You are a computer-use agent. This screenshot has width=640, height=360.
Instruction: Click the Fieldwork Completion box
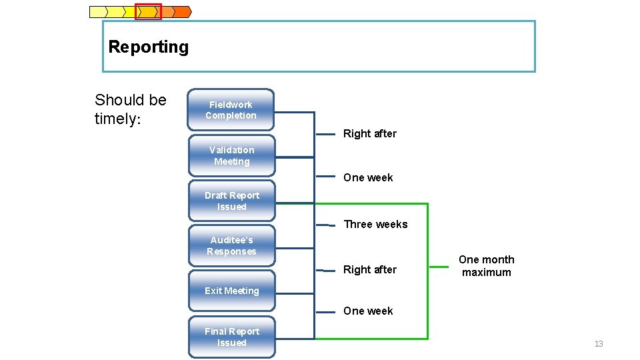tap(231, 110)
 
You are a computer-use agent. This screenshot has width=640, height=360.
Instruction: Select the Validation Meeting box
tap(231, 155)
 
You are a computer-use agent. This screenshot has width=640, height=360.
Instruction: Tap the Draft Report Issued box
tap(231, 201)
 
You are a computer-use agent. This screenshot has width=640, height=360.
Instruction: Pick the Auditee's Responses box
tap(231, 245)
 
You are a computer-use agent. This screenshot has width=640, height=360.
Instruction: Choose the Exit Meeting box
tap(231, 291)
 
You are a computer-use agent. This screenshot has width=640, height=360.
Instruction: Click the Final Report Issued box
tap(231, 337)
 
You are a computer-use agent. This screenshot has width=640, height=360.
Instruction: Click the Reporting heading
tap(148, 47)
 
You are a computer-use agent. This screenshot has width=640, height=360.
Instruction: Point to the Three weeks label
tap(375, 224)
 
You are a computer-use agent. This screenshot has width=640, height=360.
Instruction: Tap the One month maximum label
tap(486, 265)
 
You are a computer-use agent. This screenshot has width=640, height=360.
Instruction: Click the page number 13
tap(598, 344)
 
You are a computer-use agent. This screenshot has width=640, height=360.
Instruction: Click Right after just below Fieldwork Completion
tap(369, 133)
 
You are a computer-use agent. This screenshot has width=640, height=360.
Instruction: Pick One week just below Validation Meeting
tap(368, 177)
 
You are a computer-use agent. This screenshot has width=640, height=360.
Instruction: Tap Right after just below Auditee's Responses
tap(369, 269)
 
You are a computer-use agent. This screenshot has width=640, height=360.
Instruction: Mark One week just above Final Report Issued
tap(368, 311)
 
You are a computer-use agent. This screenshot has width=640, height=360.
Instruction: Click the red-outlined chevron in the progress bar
tap(148, 11)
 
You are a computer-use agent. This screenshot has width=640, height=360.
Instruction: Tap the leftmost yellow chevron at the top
tap(98, 11)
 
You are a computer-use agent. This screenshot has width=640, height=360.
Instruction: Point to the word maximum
tap(486, 272)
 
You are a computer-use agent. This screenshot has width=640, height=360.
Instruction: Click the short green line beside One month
tap(438, 267)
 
